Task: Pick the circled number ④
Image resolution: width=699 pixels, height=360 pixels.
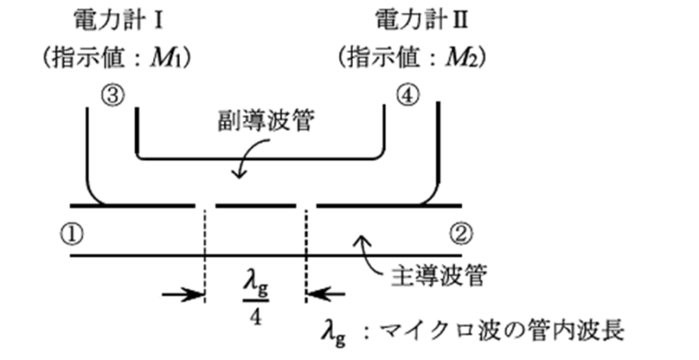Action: (408, 94)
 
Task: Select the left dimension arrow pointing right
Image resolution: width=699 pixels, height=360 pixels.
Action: (183, 295)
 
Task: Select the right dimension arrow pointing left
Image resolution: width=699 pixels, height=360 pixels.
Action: (327, 295)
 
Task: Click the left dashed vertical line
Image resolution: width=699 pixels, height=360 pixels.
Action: (204, 253)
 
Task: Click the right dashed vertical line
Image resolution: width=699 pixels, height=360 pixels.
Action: (306, 253)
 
